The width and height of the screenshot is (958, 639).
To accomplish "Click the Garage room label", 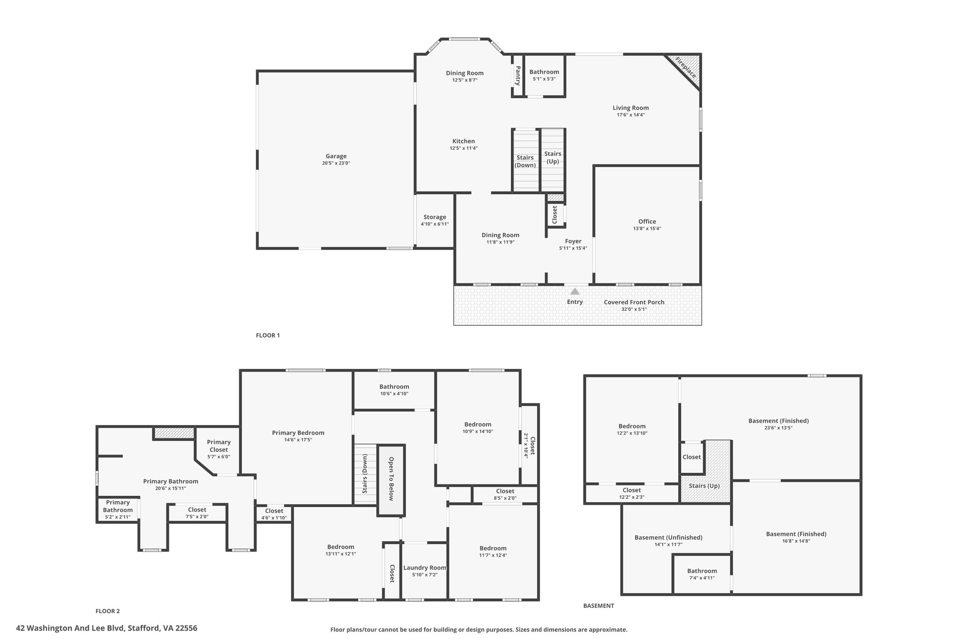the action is [336, 156].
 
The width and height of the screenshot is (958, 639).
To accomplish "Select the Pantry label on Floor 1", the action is [517, 75].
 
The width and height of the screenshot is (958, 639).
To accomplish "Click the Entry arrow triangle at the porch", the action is [575, 291].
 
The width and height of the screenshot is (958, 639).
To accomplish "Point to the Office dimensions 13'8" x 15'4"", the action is [647, 228].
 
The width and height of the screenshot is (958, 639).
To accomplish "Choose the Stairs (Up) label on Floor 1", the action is [553, 157].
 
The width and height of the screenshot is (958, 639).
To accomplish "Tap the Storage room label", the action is [435, 217].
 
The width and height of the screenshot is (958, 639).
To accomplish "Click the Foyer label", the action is [573, 242].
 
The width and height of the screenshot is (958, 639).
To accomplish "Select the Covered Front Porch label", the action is [634, 302].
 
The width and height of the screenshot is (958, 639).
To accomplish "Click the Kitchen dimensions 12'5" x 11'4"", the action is [464, 148].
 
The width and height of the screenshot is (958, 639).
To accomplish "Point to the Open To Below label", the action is [391, 479].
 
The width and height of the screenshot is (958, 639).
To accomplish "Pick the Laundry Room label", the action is [425, 568].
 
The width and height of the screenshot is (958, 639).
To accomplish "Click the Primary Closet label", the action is [219, 446].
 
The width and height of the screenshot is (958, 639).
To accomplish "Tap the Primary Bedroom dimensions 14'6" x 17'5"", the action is [298, 440].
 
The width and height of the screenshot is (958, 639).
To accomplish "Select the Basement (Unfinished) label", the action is [668, 537].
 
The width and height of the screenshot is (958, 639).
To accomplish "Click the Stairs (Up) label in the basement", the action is [704, 486].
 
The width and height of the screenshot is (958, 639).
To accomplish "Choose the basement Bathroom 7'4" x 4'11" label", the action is [702, 574].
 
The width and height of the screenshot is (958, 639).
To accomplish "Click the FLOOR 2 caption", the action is [108, 611].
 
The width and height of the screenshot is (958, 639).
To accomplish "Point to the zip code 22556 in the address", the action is [186, 628].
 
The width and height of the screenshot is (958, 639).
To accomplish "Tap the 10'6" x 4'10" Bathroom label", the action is [394, 390].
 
